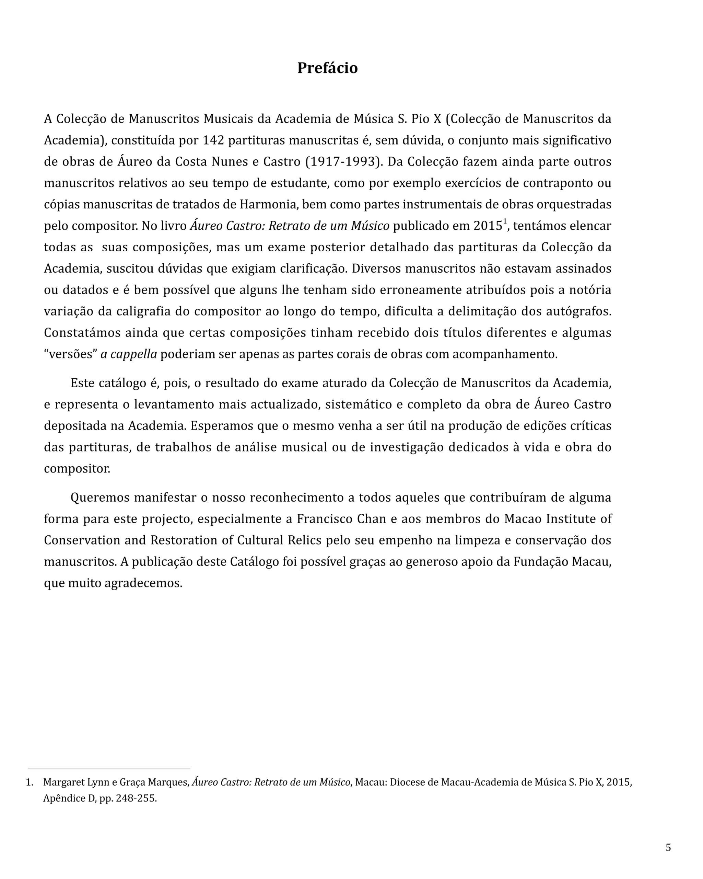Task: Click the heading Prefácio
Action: pyautogui.click(x=327, y=68)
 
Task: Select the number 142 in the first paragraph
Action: pyautogui.click(x=213, y=140)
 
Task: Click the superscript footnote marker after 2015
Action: pyautogui.click(x=505, y=222)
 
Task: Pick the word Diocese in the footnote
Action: pyautogui.click(x=407, y=783)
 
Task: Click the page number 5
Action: pyautogui.click(x=668, y=848)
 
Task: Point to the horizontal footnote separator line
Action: pyautogui.click(x=109, y=769)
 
